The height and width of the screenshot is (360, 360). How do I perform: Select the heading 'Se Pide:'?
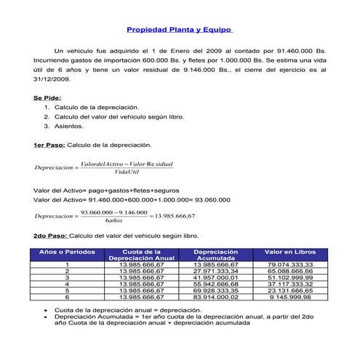click(47, 97)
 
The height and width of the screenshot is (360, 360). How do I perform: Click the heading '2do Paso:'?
click(50, 236)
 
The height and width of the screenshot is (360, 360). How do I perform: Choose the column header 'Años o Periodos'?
click(66, 252)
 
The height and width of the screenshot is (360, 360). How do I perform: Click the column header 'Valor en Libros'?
click(289, 252)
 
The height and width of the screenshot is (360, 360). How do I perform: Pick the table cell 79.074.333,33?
click(289, 264)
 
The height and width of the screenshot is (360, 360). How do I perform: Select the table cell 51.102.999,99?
click(289, 277)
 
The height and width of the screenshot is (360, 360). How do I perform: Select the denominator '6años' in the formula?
click(113, 221)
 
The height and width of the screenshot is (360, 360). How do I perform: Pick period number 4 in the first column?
click(67, 284)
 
